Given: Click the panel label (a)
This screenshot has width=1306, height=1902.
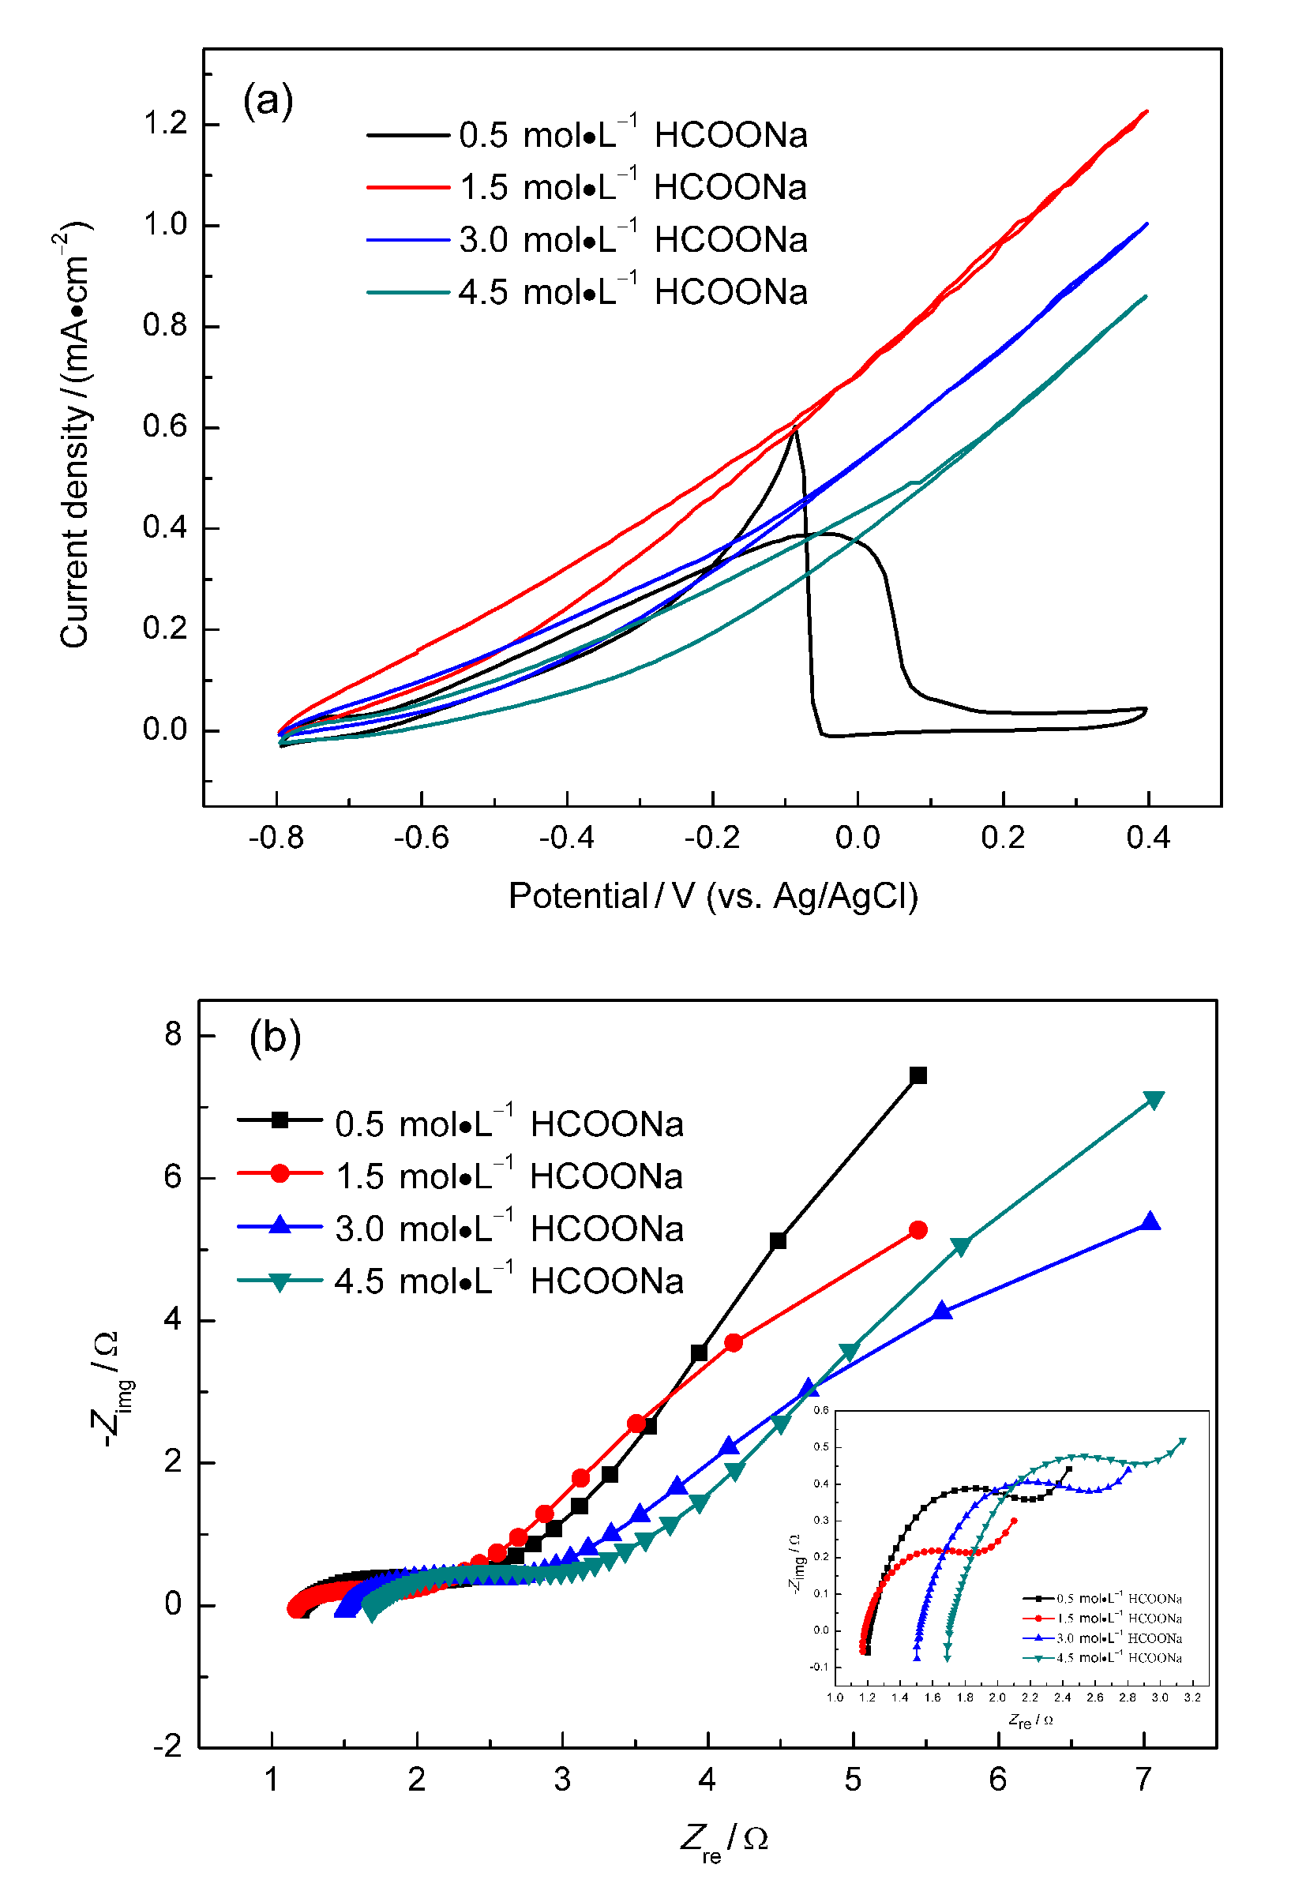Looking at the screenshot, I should click(268, 102).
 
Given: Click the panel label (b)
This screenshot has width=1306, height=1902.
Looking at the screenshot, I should click(275, 1037).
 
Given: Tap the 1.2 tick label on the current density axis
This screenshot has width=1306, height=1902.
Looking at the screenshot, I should click(165, 124).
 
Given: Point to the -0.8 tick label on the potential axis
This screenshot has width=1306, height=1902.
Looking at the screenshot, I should click(276, 838).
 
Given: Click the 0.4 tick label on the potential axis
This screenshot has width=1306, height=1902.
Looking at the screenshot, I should click(1148, 838).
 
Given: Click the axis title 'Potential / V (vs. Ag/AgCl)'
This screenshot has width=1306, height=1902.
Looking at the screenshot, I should click(713, 896).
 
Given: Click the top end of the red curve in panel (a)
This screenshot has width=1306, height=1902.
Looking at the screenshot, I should click(1147, 111).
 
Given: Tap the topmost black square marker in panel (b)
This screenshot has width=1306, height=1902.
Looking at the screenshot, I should click(918, 1075).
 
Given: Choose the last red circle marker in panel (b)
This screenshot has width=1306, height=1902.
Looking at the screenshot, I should click(918, 1230).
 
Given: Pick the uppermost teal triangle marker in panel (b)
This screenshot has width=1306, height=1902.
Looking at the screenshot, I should click(1154, 1100).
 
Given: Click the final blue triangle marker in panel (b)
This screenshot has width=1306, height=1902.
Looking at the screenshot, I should click(1150, 1222).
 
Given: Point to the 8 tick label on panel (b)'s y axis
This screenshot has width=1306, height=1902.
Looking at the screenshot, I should click(173, 1034).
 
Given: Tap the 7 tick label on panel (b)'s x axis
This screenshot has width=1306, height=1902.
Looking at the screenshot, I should click(1143, 1780).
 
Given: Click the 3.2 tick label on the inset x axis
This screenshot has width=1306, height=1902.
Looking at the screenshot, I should click(1192, 1698).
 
